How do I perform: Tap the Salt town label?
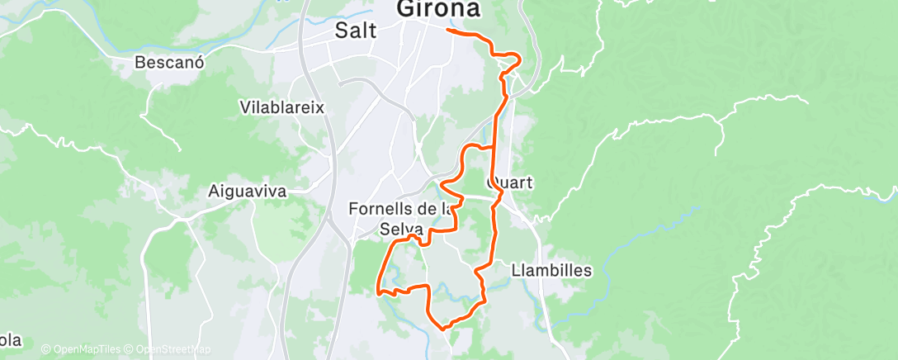[356, 31]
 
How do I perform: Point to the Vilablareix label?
[281, 107]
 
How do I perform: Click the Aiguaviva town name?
[246, 191]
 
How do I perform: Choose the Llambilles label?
[551, 270]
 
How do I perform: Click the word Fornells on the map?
[380, 208]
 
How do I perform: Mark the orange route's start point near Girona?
[448, 30]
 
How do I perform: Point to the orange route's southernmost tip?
[446, 329]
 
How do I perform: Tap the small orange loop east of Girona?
[512, 59]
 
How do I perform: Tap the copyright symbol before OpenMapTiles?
[46, 349]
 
